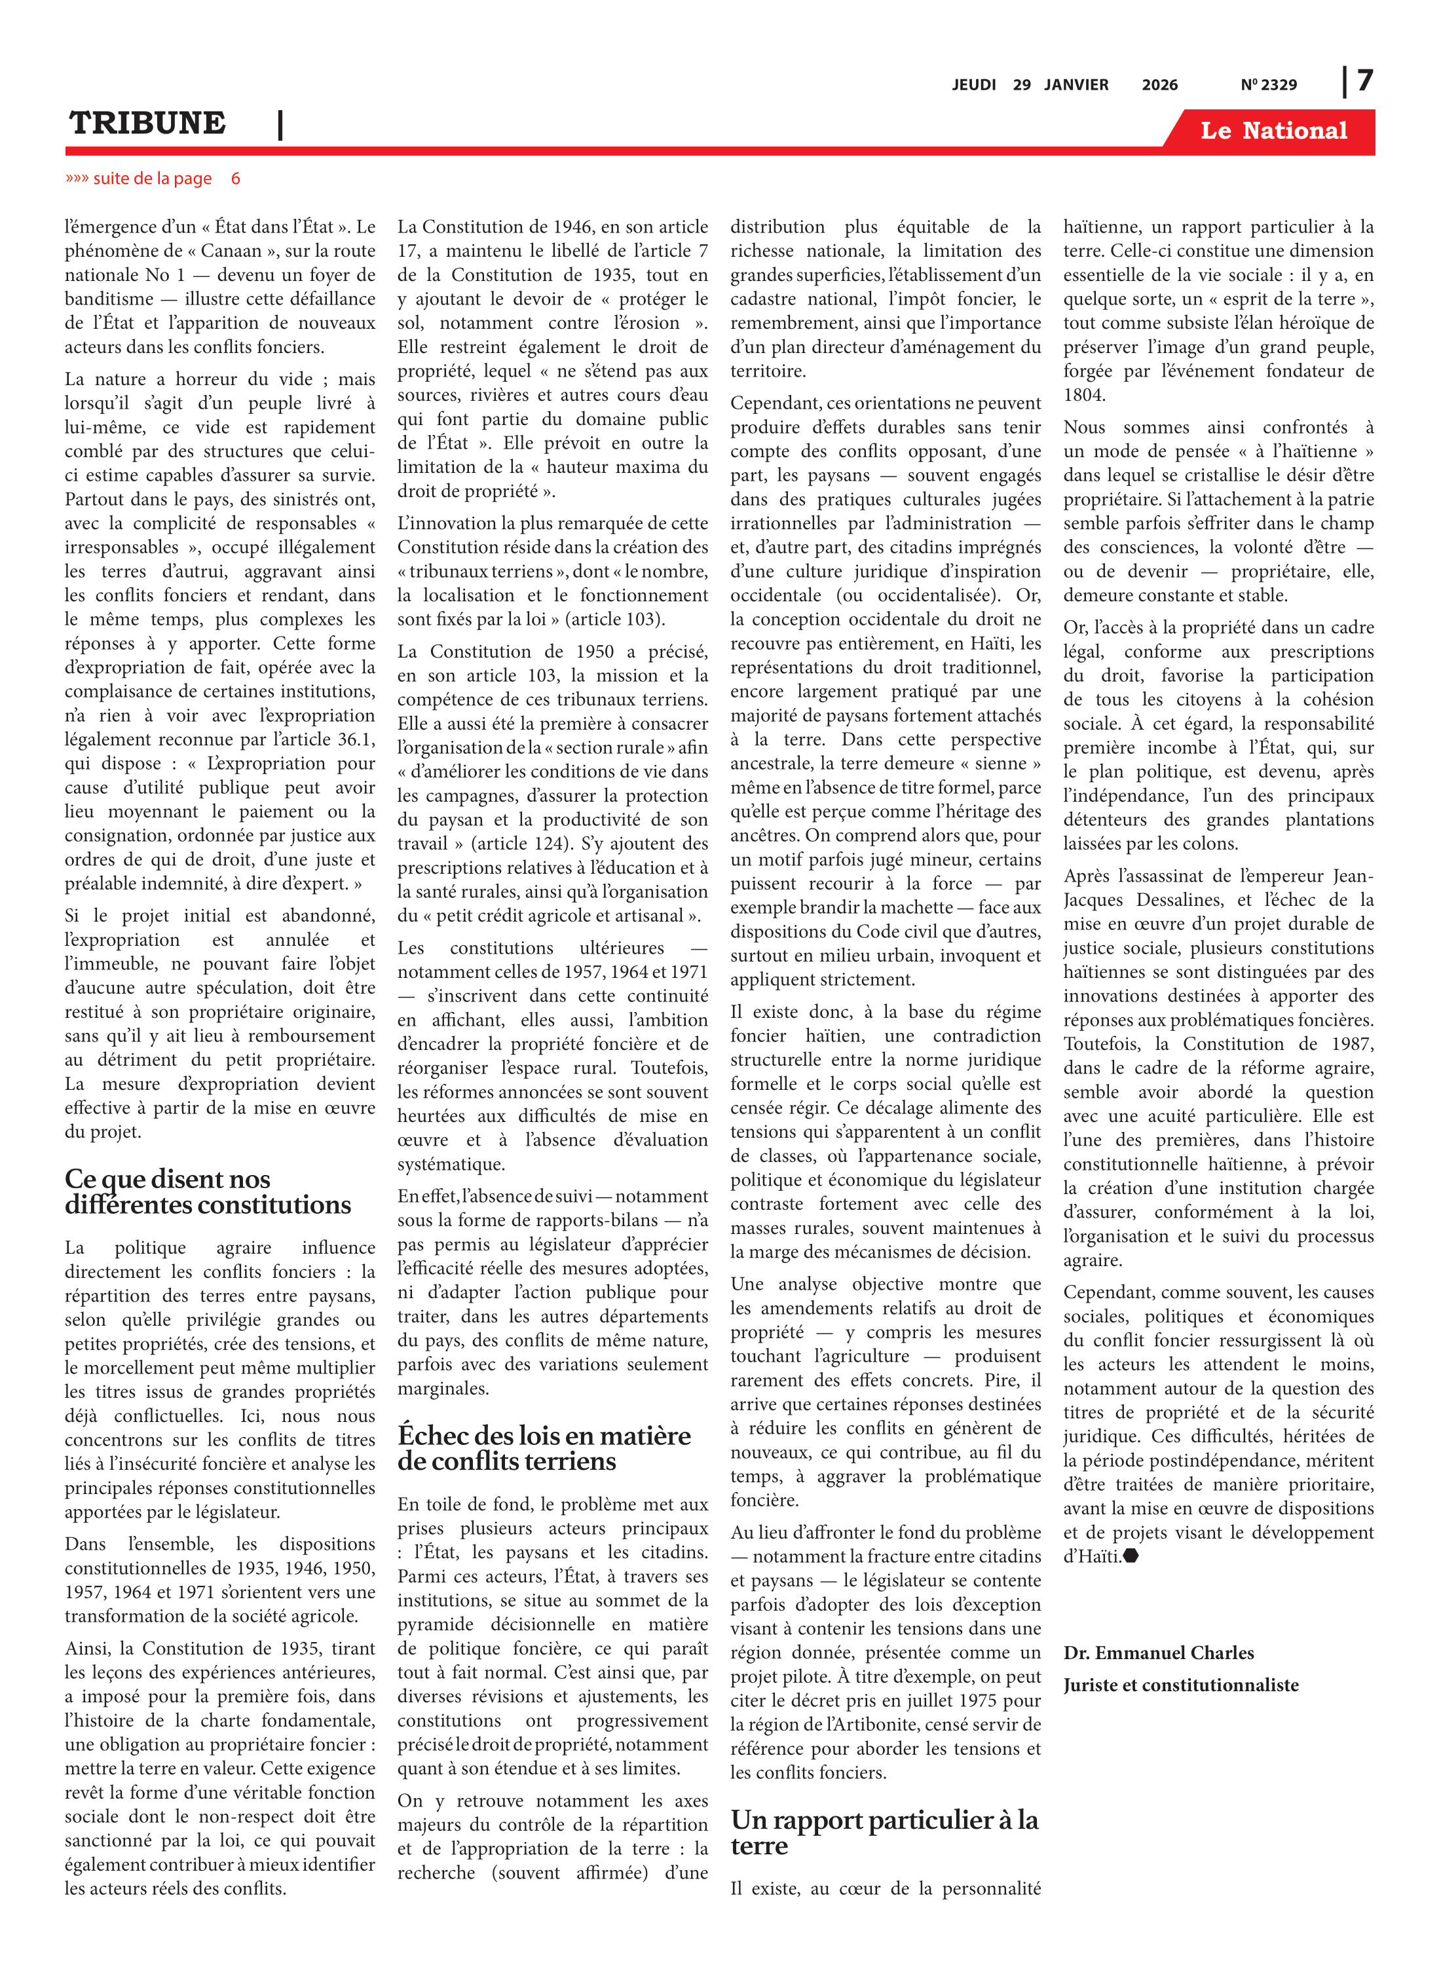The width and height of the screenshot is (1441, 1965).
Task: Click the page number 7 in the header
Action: point(1365,81)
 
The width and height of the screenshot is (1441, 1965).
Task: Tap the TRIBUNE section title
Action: point(147,123)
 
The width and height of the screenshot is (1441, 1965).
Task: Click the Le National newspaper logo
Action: point(1273,131)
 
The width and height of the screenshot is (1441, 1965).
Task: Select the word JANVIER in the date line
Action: point(1076,84)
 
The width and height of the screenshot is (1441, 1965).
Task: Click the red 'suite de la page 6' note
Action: point(153,179)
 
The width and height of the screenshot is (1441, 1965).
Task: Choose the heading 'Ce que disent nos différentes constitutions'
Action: point(208,1191)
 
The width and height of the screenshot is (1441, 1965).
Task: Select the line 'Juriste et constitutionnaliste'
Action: point(1180,1685)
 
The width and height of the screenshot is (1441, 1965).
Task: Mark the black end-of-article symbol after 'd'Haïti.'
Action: point(1131,1556)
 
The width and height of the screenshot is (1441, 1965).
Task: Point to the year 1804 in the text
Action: point(1084,395)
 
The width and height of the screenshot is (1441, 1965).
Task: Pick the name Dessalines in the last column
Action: point(1176,900)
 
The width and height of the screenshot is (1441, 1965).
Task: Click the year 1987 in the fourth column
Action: point(1351,1044)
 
